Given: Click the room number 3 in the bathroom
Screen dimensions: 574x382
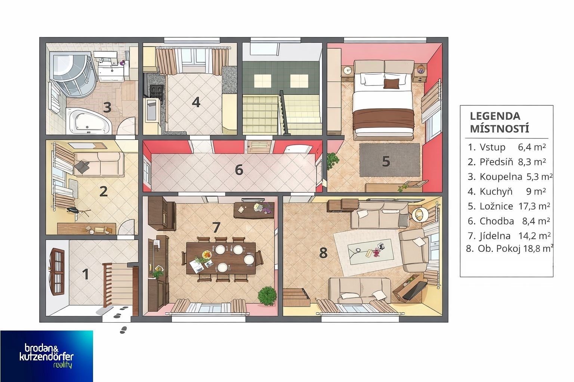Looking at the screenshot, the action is coord(107,107).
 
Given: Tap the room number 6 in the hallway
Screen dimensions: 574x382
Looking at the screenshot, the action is coord(239,170).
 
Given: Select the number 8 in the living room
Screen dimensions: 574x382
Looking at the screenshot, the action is coord(323,253).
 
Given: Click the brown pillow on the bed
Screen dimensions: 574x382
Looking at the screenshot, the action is coord(391,84).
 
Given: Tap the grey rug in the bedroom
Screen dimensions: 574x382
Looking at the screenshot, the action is coord(389,160).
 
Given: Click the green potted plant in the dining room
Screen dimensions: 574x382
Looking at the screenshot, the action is coord(267,296).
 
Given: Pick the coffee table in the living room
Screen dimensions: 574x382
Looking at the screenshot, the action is coord(370,251).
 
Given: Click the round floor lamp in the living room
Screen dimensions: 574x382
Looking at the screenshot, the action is coord(420,215).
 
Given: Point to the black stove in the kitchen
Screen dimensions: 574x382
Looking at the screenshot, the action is coord(156,91).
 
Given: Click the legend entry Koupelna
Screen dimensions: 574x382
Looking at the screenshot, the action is coord(501,177).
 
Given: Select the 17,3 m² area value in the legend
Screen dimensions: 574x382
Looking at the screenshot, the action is coord(534,206).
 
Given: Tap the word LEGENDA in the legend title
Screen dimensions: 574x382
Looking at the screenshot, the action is coord(495,116).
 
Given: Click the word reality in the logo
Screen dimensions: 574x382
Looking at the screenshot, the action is coord(62,365).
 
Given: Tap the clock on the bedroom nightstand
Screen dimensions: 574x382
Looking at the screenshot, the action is coord(348,70).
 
